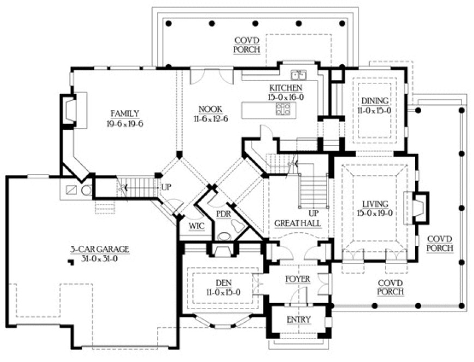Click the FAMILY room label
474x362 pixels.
click(x=125, y=113)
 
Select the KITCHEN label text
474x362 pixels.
click(x=285, y=88)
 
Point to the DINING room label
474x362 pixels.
click(x=375, y=101)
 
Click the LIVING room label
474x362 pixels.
click(x=375, y=204)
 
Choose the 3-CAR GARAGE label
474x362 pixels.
click(x=99, y=249)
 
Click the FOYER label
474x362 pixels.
click(x=298, y=279)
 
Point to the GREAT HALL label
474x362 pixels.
click(x=297, y=224)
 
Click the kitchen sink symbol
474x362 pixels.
click(x=299, y=75)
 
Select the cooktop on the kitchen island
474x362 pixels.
click(x=283, y=108)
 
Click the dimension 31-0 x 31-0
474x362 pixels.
click(x=99, y=258)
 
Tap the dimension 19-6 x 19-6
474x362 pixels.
click(x=125, y=123)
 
